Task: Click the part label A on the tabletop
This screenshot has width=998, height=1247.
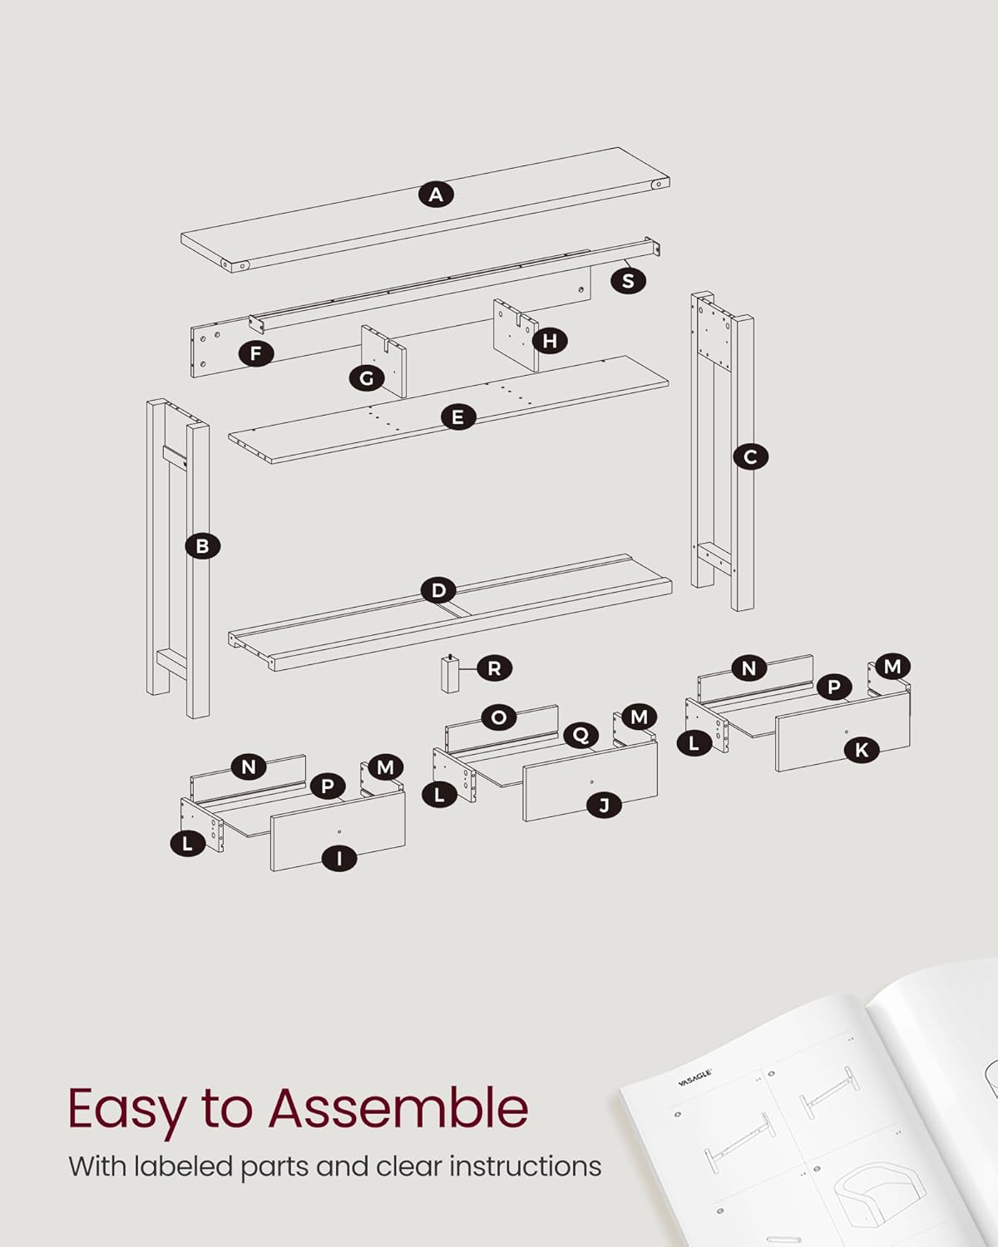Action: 436,195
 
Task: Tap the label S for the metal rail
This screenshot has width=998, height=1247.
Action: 628,281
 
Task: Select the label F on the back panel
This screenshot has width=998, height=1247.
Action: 255,353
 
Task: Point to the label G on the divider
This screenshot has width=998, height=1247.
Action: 367,379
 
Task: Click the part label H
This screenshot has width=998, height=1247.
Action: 550,341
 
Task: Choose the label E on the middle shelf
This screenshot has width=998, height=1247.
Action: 457,417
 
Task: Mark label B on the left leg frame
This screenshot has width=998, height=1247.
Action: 202,546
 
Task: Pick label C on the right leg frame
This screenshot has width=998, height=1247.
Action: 750,456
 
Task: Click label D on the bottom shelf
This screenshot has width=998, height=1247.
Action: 438,590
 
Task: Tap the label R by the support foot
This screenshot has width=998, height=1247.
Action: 494,668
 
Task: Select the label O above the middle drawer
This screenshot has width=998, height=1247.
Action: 499,718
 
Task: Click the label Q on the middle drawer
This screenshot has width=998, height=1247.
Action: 581,736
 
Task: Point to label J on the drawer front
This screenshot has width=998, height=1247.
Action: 604,805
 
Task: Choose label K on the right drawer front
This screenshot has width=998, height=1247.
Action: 862,751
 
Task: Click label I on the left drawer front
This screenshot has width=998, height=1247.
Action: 339,858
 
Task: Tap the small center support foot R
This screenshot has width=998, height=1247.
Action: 450,674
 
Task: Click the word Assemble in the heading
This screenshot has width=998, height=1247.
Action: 398,1108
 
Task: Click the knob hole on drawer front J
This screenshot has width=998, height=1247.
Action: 591,782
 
